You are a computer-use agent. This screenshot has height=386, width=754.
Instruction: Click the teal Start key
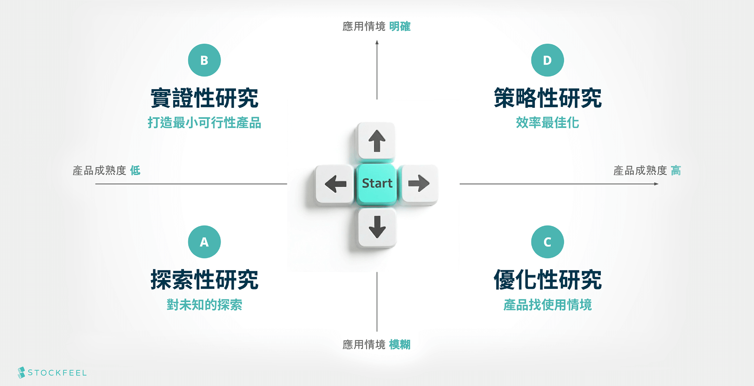click(x=377, y=183)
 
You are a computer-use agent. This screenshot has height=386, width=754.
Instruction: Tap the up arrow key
click(x=377, y=141)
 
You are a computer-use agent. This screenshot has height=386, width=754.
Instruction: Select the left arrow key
click(x=335, y=184)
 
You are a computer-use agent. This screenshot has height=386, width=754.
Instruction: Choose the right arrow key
click(x=419, y=184)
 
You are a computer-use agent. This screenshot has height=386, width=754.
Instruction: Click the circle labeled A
click(x=204, y=242)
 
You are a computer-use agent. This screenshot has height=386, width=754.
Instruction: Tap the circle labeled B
click(x=204, y=60)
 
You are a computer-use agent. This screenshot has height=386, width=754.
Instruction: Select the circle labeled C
click(x=547, y=242)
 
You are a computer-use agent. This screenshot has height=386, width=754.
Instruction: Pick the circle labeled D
click(x=547, y=60)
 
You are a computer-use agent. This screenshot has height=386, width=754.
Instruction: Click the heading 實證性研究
click(x=204, y=98)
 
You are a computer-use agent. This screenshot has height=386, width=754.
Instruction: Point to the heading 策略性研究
click(x=547, y=98)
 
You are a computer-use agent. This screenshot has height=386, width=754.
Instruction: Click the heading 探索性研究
click(x=204, y=280)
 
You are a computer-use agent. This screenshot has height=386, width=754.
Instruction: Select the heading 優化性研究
click(x=547, y=280)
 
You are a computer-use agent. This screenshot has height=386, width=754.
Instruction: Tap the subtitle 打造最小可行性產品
click(x=204, y=123)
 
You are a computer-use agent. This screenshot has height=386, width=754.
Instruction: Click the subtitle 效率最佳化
click(x=547, y=123)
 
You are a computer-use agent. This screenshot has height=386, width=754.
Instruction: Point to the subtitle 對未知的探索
click(x=204, y=305)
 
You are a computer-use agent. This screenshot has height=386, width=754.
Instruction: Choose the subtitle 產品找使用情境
click(x=547, y=305)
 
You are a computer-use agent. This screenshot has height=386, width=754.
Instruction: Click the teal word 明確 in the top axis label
click(x=400, y=26)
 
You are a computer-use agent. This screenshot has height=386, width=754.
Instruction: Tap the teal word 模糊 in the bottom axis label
click(x=400, y=345)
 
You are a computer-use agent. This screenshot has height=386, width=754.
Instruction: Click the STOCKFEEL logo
click(x=52, y=373)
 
